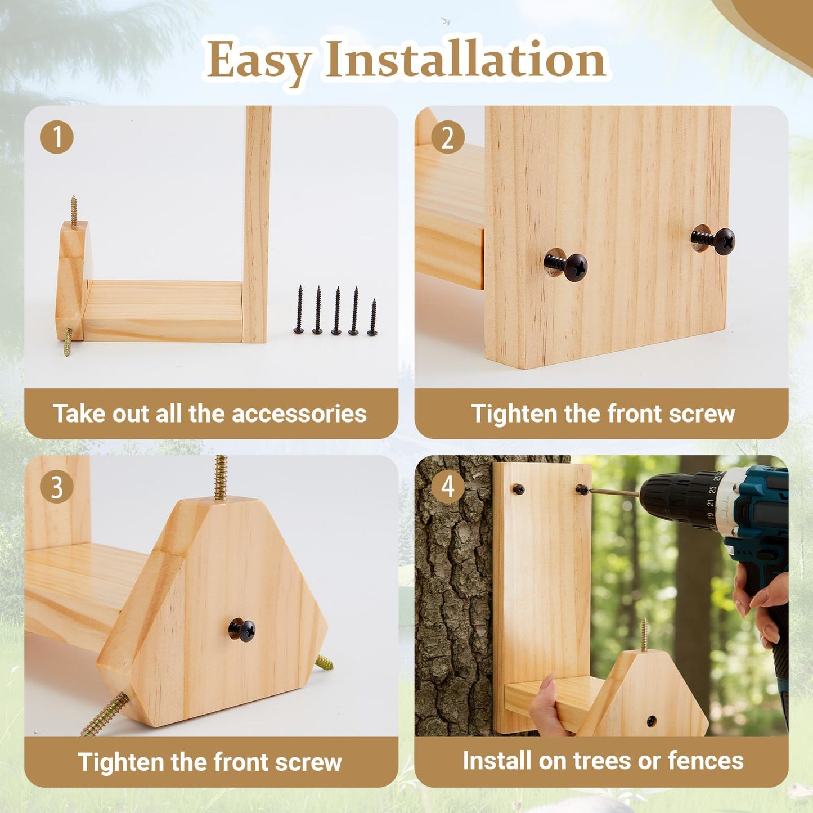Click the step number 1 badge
tap(56, 137)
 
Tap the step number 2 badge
tap(447, 137)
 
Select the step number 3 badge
tap(56, 487)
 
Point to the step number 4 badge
tap(447, 487)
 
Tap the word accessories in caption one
tap(299, 414)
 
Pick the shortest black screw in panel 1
tap(372, 318)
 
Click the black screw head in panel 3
tap(242, 630)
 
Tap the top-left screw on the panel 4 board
tap(518, 489)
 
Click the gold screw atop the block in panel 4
tap(644, 635)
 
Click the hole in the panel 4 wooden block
tap(651, 721)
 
